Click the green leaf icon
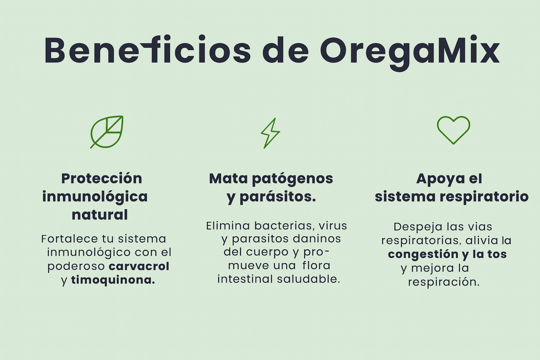pos(106,132)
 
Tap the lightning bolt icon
pos(270,133)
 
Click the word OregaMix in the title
pos(410,53)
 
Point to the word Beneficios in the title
pos(148,50)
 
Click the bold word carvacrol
pos(139,266)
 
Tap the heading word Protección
pos(102,179)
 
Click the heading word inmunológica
pos(95,197)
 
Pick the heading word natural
pos(99,214)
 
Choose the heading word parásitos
pos(278,197)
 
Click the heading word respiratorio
pos(484,197)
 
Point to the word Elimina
pos(228,226)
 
